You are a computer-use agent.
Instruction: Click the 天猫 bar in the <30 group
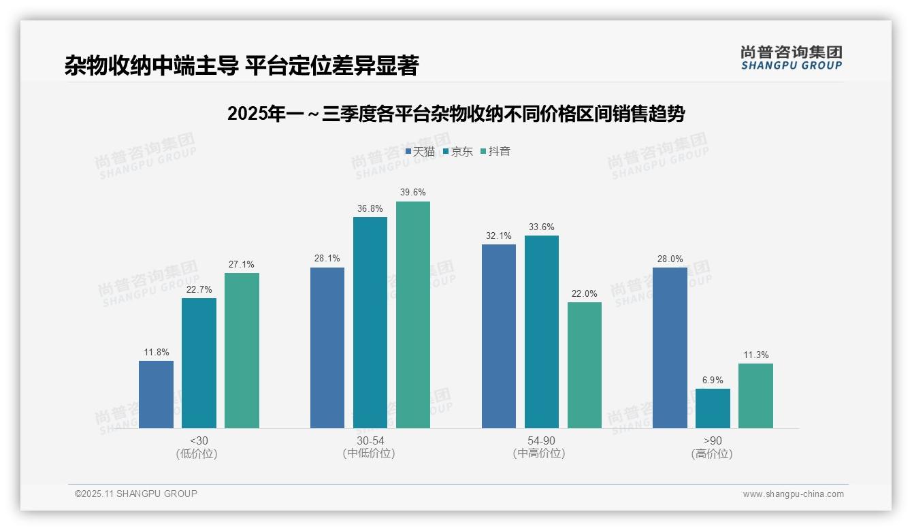156,394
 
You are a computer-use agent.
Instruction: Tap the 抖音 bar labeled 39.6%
413,315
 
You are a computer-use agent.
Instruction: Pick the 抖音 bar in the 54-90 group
585,365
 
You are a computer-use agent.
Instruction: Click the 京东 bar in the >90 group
713,408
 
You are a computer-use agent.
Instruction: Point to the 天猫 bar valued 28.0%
670,347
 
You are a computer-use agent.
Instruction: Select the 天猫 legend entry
420,151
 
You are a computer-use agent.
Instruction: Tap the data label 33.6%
542,227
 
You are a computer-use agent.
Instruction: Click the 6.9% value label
713,381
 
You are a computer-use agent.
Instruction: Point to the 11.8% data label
156,353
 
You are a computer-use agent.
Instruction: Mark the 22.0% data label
585,294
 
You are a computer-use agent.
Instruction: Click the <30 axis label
199,440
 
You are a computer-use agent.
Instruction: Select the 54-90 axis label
541,440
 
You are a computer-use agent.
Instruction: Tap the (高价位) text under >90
712,454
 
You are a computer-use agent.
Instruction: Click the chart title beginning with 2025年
455,114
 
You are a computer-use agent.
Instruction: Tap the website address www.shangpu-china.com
793,494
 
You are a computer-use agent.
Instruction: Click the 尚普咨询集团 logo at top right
791,58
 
